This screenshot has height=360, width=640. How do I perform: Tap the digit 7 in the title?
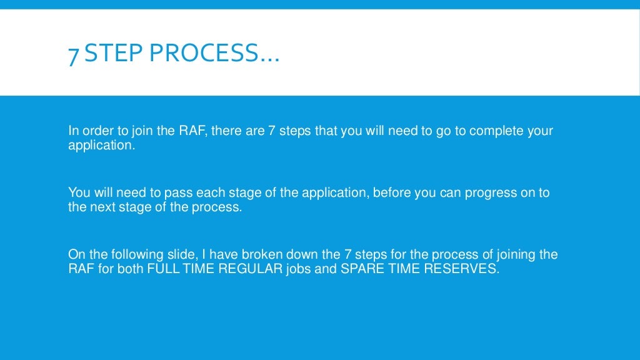74,54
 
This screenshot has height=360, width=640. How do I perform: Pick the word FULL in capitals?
160,270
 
